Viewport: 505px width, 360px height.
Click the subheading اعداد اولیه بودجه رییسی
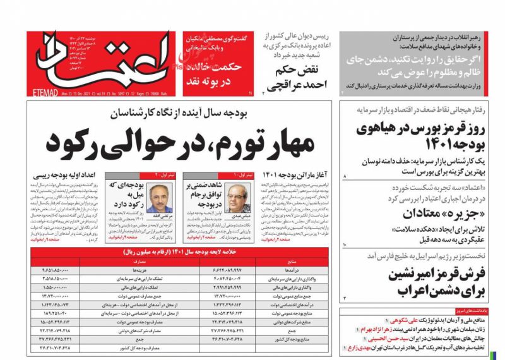(x=61, y=174)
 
